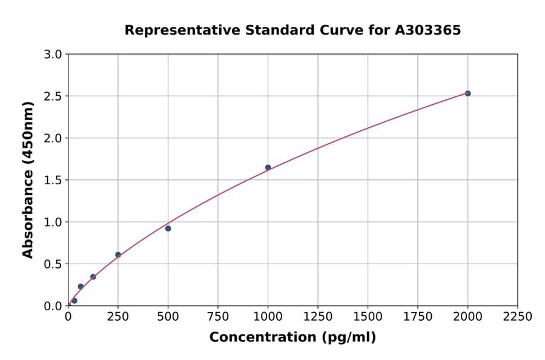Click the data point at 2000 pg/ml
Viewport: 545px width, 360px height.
467,93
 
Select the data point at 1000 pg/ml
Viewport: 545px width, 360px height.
268,167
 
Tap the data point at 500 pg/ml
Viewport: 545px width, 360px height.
168,228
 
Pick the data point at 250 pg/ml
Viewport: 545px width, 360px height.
118,255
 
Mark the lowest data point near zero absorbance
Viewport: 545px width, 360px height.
74,301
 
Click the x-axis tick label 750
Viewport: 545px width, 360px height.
218,317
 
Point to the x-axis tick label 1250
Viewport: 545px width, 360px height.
318,317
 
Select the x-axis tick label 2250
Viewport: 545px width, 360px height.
518,317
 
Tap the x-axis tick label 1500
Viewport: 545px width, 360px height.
368,317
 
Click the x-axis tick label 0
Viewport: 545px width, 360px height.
68,317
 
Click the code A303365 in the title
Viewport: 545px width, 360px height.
428,30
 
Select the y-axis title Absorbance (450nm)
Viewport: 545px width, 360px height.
28,179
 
